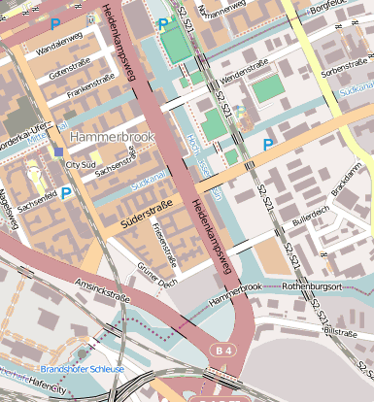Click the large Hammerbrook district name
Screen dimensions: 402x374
coord(112,137)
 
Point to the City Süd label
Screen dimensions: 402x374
coord(81,165)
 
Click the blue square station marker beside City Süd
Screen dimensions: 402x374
coord(59,152)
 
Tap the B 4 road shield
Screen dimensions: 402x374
coord(225,350)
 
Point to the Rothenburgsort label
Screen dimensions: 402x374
coord(313,286)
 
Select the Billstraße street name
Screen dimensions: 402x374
coord(340,331)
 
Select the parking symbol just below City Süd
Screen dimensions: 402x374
coord(66,193)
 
